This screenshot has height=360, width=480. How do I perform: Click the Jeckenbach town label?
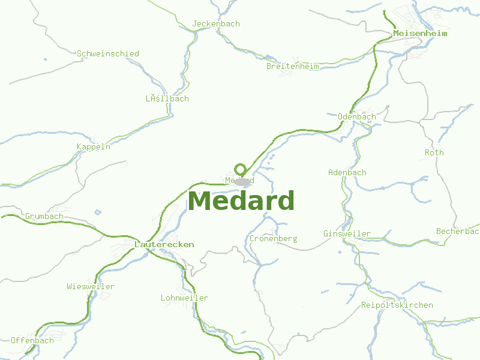pos(216,24)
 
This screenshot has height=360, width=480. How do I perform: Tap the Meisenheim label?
pos(420,34)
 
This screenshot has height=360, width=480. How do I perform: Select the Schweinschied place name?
pos(108,54)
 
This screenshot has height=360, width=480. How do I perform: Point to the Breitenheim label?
pos(293,67)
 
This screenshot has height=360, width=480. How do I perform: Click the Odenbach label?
pos(357,117)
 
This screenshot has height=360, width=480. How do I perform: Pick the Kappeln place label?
pos(94,147)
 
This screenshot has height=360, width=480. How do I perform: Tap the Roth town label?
pos(434,153)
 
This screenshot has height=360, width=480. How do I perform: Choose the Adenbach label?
pos(347,173)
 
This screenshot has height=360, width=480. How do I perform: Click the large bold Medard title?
pos(241,201)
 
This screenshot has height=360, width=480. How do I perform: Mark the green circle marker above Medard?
pos(241,169)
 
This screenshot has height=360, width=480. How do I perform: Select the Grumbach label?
pos(44,217)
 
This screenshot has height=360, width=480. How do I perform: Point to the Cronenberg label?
pos(274,239)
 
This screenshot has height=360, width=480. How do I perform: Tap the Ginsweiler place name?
pos(347,234)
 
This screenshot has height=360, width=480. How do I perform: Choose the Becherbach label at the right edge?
pos(458,232)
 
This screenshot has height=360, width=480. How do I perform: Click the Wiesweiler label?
pos(91,287)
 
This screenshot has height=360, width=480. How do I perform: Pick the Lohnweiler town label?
pos(185,298)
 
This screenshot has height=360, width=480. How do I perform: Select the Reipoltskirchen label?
pos(397,305)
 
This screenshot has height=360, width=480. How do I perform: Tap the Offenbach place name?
pos(32,341)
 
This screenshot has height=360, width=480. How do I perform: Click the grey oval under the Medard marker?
pos(242,181)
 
